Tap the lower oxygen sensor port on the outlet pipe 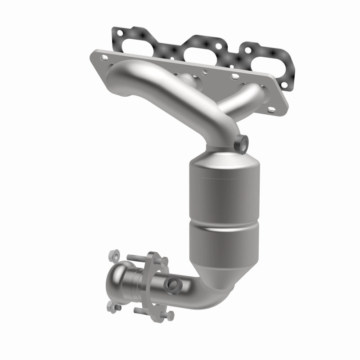pyautogui.click(x=172, y=284)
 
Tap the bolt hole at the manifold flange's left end pyautogui.click(x=104, y=58)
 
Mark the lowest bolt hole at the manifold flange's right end pyautogui.click(x=271, y=109)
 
